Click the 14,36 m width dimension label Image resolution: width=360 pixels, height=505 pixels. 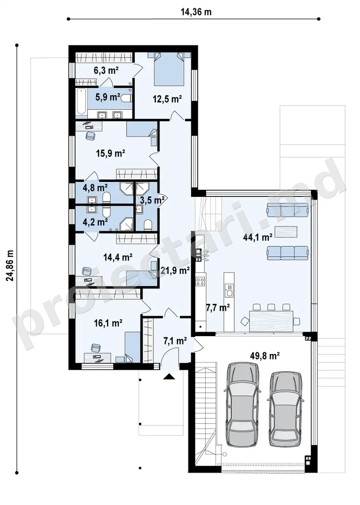[196, 12]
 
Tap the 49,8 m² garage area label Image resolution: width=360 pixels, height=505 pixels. [264, 356]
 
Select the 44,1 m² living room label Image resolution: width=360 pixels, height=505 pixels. [258, 238]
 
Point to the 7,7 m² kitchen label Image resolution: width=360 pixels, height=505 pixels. [218, 308]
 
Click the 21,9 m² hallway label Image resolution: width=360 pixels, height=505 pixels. [174, 271]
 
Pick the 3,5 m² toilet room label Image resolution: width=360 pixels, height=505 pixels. [152, 200]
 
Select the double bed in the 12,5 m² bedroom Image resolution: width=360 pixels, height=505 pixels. [169, 69]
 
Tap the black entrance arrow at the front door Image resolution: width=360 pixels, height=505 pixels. [169, 376]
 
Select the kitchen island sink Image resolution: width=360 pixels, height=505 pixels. [230, 290]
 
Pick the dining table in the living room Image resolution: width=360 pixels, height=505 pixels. [271, 320]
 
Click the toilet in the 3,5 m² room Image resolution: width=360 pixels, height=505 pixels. [148, 225]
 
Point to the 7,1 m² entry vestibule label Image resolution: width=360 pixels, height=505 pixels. [175, 341]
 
